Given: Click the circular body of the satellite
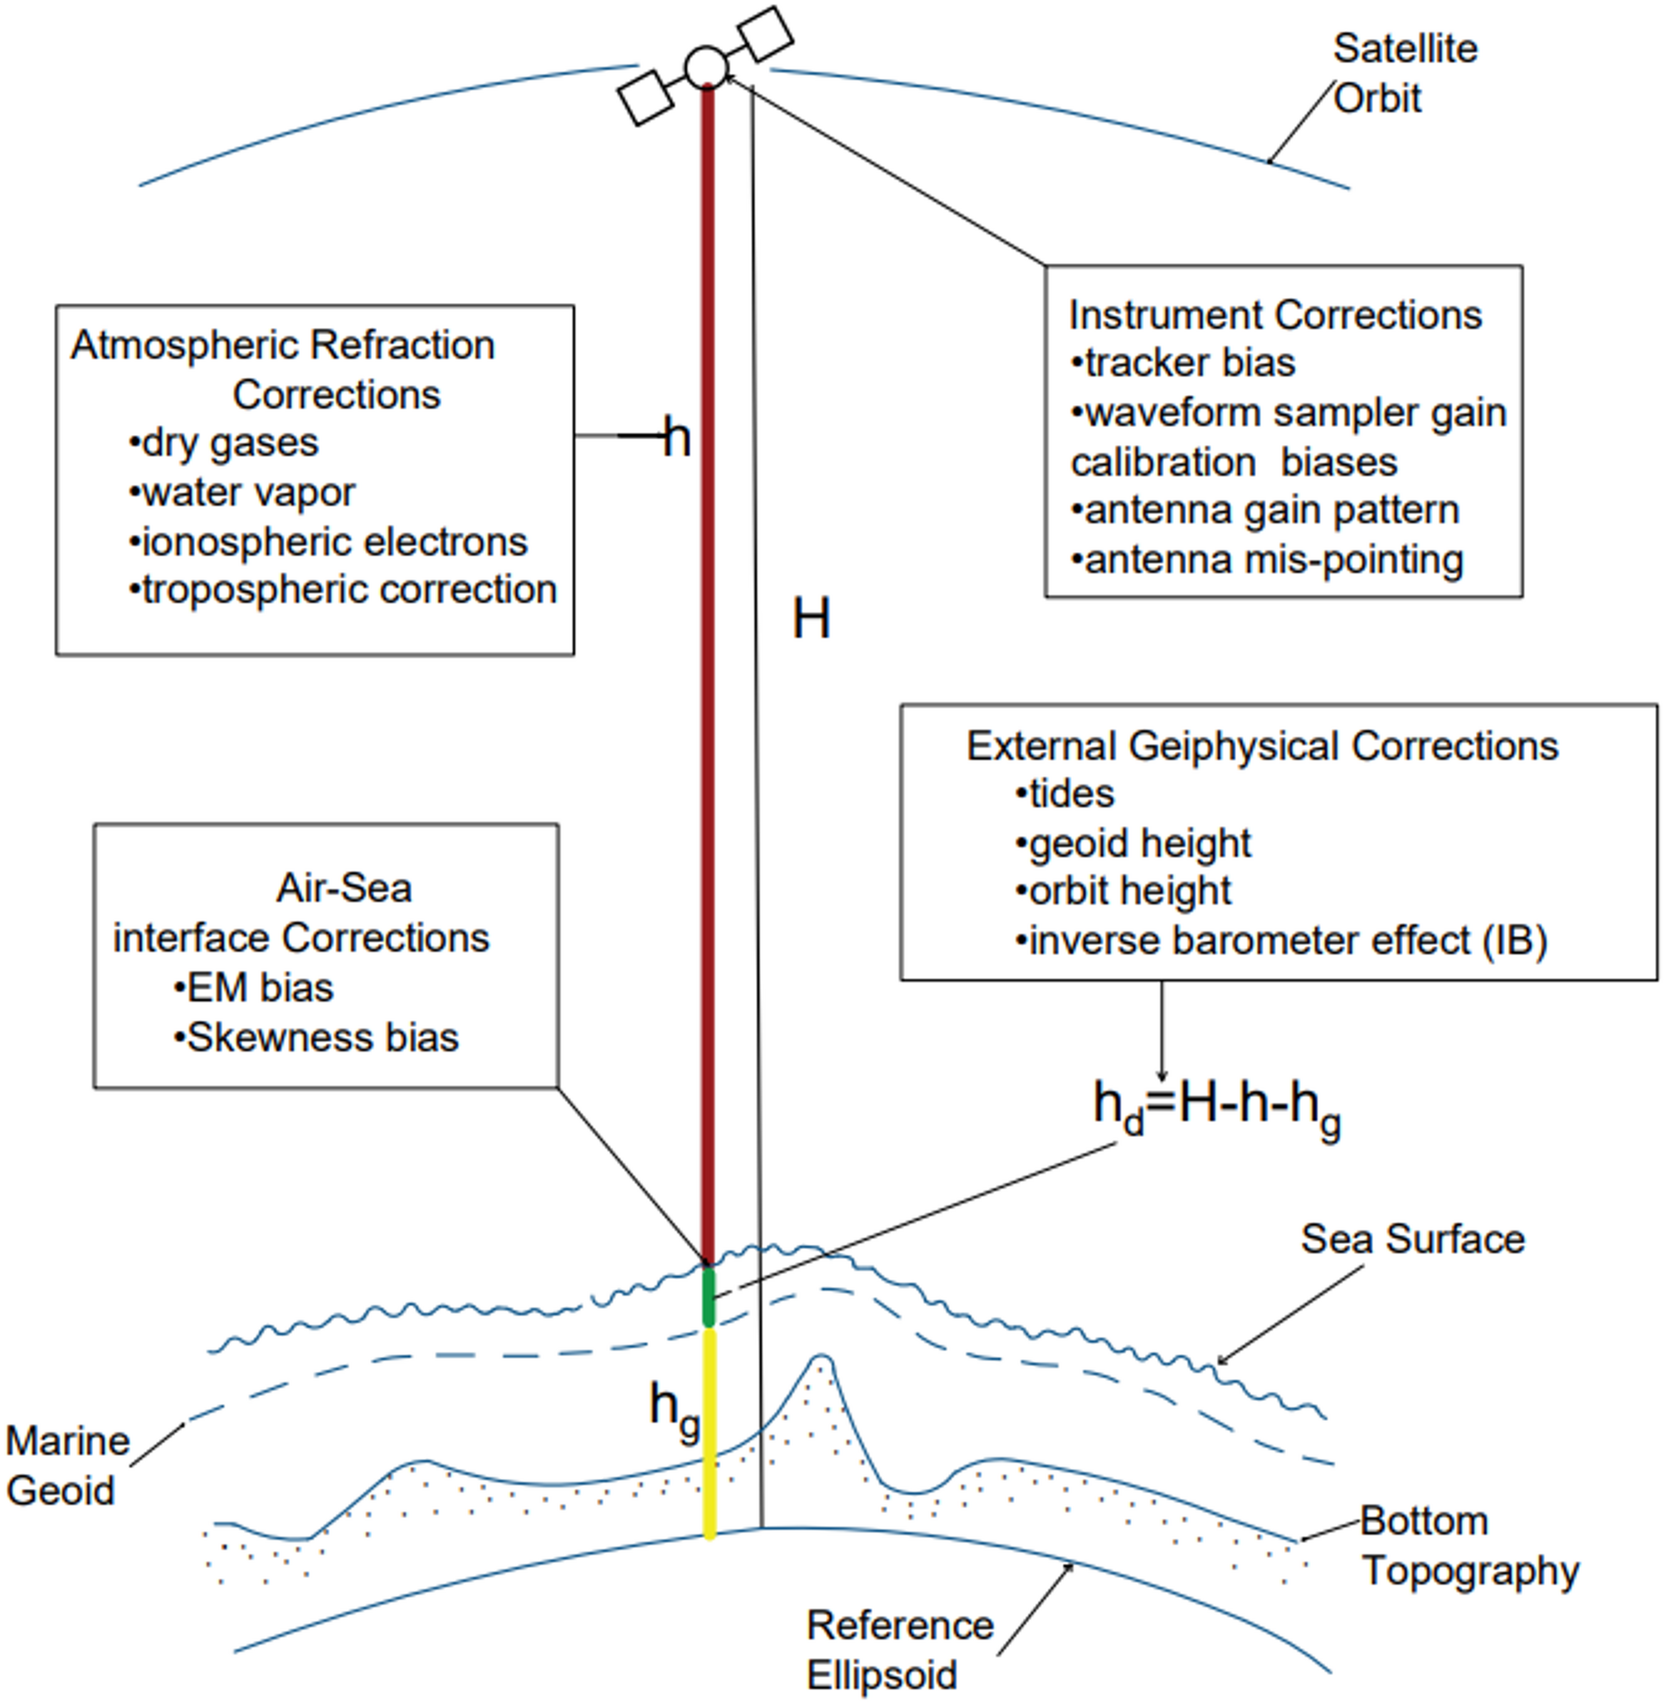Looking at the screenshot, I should pyautogui.click(x=705, y=67).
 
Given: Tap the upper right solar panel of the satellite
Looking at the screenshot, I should pyautogui.click(x=766, y=34).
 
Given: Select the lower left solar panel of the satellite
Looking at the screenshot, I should pyautogui.click(x=645, y=98).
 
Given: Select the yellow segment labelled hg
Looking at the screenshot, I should pyautogui.click(x=709, y=1435).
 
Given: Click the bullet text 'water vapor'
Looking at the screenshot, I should pyautogui.click(x=241, y=493).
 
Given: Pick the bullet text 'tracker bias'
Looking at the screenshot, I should pyautogui.click(x=1182, y=364).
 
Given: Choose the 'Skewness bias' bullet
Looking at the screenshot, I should pyautogui.click(x=316, y=1038).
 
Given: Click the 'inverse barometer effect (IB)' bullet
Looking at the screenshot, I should pyautogui.click(x=1281, y=941).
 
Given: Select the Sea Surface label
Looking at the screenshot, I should pyautogui.click(x=1411, y=1239).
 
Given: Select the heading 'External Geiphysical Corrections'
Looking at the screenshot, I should pyautogui.click(x=1261, y=746).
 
